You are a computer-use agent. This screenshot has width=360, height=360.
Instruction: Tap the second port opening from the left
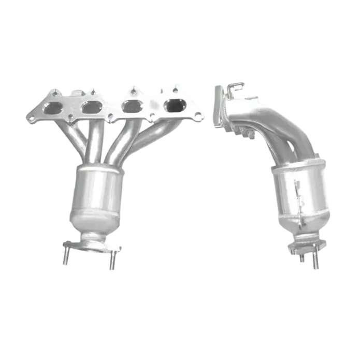[91, 107]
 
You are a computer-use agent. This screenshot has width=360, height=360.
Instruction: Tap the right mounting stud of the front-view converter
[110, 263]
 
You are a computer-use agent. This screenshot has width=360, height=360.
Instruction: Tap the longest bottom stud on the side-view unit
[314, 262]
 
